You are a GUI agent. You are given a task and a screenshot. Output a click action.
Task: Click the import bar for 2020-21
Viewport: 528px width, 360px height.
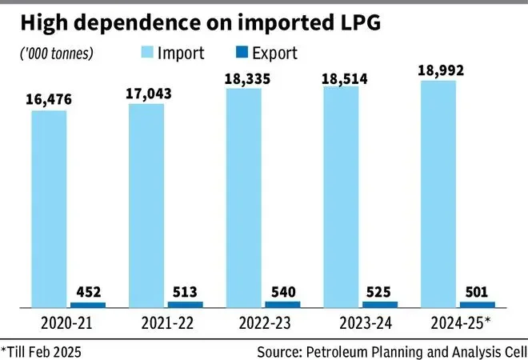coord(49,209)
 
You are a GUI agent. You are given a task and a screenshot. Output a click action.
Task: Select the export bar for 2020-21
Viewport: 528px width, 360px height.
coord(87,305)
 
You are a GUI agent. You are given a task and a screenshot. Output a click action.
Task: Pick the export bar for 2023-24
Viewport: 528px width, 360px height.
coord(380,304)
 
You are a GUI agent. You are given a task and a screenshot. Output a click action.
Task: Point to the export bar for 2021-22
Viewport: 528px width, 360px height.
coord(185,304)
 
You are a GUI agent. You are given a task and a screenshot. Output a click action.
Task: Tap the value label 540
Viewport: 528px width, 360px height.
coord(282,290)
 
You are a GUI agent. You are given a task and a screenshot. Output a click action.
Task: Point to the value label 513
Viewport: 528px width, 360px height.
coord(185,291)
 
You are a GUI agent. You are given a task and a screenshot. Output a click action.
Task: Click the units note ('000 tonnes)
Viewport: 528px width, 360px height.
coord(54,54)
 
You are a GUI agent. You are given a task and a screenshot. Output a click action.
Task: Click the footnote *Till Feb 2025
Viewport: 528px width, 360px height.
coord(42,350)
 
